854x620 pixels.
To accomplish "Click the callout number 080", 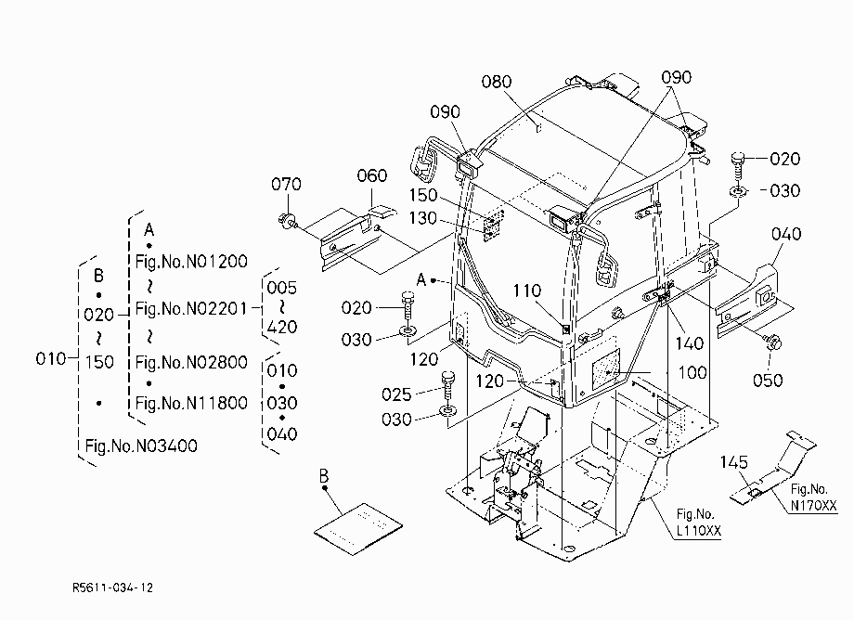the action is tap(497, 82).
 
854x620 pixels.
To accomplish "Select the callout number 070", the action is tap(286, 184).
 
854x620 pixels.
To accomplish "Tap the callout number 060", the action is tap(372, 175).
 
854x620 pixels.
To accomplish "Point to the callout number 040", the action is tap(786, 234).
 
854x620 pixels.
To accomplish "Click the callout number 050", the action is tap(768, 380).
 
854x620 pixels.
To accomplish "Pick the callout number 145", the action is tap(733, 462).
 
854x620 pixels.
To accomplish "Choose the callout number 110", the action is tap(526, 291).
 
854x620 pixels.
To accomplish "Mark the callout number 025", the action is tap(396, 394).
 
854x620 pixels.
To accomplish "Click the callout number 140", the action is tap(690, 342).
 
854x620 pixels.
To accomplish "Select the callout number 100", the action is tap(692, 372).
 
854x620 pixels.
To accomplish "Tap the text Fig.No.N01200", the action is tap(191, 262).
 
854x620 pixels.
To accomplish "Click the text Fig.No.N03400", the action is tap(141, 446).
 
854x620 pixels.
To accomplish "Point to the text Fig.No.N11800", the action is tap(191, 403).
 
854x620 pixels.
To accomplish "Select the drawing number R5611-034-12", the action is tap(112, 588).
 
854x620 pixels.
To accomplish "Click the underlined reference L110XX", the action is tap(699, 530).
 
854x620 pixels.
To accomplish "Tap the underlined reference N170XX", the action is tap(814, 505).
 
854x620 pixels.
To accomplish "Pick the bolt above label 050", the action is tap(773, 342).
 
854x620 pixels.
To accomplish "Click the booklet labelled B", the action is tap(358, 528).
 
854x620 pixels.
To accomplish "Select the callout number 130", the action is tap(422, 218).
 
